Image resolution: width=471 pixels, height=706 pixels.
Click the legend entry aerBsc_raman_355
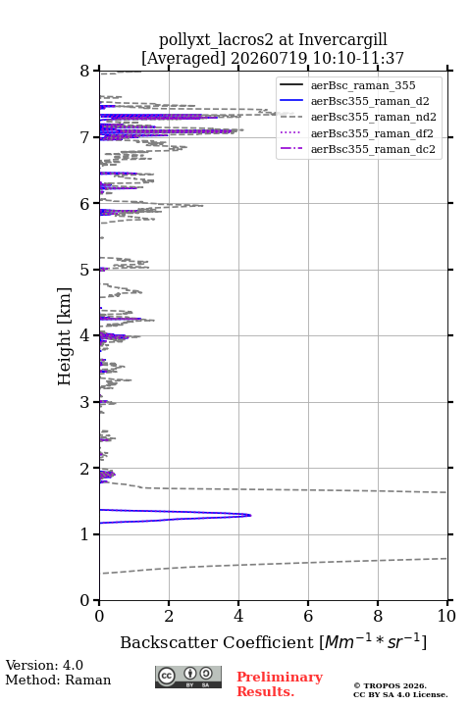click(x=347, y=85)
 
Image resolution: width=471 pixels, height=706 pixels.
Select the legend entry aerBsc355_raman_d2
click(x=354, y=101)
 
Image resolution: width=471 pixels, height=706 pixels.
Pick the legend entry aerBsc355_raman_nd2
click(x=358, y=117)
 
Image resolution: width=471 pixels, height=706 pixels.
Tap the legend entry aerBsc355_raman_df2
click(x=356, y=133)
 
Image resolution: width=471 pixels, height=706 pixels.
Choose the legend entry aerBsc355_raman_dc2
click(x=357, y=149)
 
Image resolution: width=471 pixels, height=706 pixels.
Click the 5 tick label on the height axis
click(x=85, y=270)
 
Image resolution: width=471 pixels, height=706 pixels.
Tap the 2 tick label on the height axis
click(x=85, y=469)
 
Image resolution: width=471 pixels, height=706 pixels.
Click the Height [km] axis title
click(x=65, y=336)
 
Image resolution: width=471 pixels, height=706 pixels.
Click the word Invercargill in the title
click(x=343, y=39)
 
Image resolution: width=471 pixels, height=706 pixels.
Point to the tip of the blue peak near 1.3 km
click(x=251, y=515)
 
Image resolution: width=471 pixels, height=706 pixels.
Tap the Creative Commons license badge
click(x=188, y=677)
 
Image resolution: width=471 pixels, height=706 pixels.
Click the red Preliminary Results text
click(x=280, y=683)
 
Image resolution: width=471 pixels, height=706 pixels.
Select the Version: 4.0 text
click(x=44, y=665)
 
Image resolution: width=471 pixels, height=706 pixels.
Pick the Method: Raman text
click(x=58, y=680)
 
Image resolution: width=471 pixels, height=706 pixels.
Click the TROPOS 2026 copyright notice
click(x=390, y=685)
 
